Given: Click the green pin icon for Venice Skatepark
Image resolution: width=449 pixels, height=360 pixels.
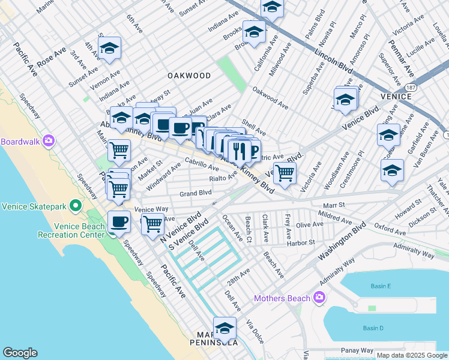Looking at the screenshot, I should click(76, 206).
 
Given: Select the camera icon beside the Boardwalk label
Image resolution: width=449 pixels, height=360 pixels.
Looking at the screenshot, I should click(49, 142).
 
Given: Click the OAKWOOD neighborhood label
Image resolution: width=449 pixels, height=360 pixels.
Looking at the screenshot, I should click(189, 76).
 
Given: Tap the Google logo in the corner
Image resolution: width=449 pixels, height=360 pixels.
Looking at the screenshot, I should click(20, 353).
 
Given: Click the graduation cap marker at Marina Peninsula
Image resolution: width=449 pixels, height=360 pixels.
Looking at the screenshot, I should click(224, 329).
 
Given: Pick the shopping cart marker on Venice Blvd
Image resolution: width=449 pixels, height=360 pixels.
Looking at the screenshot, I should click(285, 173).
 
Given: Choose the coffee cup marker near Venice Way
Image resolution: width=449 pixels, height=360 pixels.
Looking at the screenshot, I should click(119, 222).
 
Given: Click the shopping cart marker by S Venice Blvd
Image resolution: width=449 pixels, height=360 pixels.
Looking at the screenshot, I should click(153, 224).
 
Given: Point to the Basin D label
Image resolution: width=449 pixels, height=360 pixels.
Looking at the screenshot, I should click(373, 328).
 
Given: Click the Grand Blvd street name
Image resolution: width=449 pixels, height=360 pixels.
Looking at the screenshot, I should click(196, 193).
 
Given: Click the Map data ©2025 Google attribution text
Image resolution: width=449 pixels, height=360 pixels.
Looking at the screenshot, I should click(411, 355).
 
